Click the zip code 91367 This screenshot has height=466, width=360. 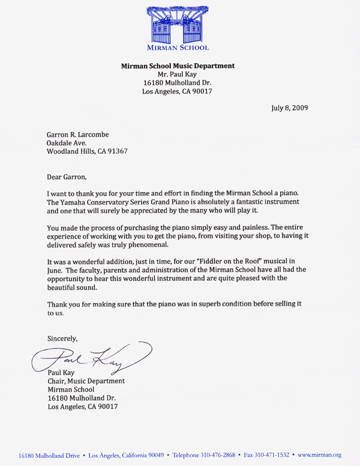(114, 151)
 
